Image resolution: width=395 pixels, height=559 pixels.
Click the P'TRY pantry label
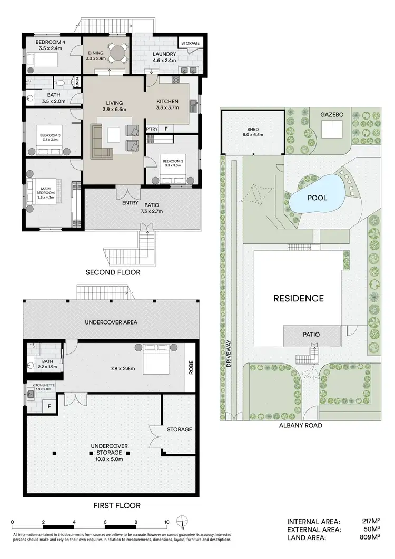tap(152, 129)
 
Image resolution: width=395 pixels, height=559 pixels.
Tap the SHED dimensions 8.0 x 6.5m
tap(253, 135)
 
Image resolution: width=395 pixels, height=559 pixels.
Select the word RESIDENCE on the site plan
tap(298, 298)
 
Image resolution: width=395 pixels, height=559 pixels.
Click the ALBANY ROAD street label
tap(301, 425)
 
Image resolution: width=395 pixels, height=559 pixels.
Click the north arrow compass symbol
tap(181, 522)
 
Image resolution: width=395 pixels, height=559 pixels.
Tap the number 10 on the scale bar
tap(166, 522)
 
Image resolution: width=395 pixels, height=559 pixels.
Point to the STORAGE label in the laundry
tap(190, 43)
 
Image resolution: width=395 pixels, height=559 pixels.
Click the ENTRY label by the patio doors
tap(130, 203)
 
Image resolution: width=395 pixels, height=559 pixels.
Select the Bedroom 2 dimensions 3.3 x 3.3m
tap(172, 165)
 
